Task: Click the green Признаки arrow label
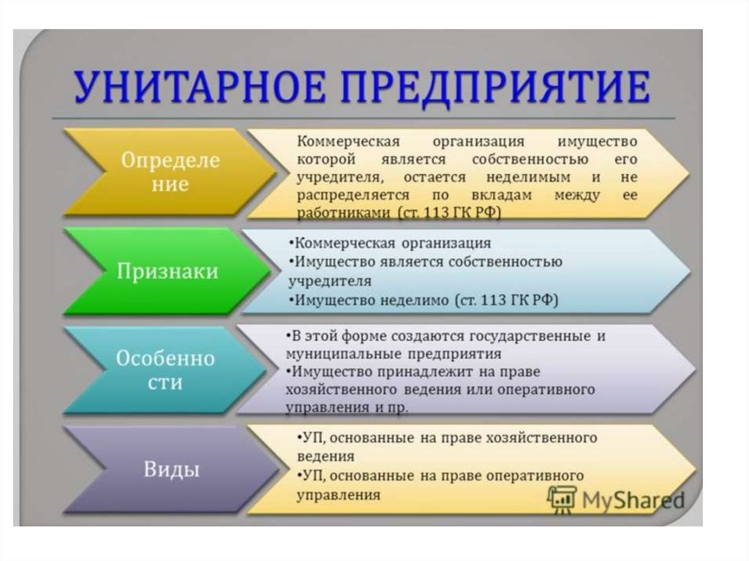pos(168,271)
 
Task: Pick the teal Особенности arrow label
pos(165,370)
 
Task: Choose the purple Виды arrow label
pos(171,470)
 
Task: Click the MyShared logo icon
pos(562,499)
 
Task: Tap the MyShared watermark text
pos(633,500)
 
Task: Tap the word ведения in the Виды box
pos(325,456)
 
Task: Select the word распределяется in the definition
pos(353,195)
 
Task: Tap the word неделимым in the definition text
pos(528,177)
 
